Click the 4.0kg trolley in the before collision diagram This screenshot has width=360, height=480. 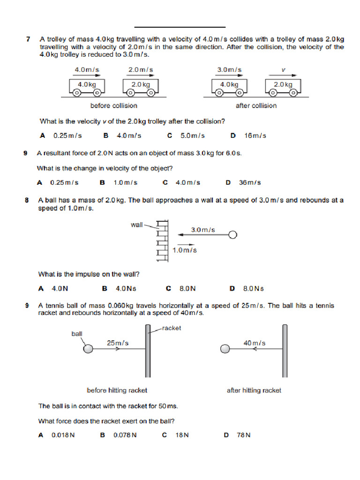click(x=87, y=86)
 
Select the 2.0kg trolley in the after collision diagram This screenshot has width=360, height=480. click(x=283, y=86)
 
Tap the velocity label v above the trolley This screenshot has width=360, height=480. click(x=283, y=70)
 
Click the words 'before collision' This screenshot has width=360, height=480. click(x=114, y=105)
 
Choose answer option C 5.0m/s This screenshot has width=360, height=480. click(x=187, y=136)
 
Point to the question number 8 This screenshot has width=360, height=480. click(x=27, y=200)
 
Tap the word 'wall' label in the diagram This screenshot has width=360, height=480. click(x=136, y=225)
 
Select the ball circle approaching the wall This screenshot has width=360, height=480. click(x=232, y=234)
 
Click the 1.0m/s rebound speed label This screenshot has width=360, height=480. click(x=185, y=250)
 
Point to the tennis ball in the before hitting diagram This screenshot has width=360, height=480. click(x=88, y=348)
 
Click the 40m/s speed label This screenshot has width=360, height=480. click(x=255, y=343)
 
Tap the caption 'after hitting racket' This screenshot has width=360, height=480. click(x=254, y=390)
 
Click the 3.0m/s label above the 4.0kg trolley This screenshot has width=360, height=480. click(x=229, y=70)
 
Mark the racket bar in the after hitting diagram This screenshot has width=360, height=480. click(x=284, y=351)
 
